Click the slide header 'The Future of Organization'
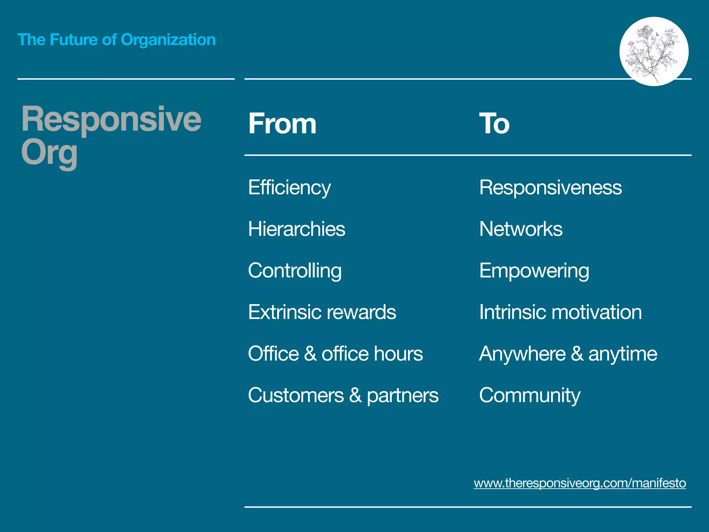116,40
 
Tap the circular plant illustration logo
654,51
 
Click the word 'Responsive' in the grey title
111,119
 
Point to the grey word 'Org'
49,153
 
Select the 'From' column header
282,124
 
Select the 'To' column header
494,124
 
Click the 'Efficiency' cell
289,188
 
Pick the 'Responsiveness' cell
550,188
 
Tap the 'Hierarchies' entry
297,229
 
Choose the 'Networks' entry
521,229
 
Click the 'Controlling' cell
295,271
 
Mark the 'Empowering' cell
534,271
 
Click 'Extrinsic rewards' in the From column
322,312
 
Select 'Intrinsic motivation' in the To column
560,312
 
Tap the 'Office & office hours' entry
335,354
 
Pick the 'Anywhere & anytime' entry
568,354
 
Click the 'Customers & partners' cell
343,395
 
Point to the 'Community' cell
530,395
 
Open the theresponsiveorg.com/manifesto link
580,483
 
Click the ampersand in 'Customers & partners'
355,395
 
